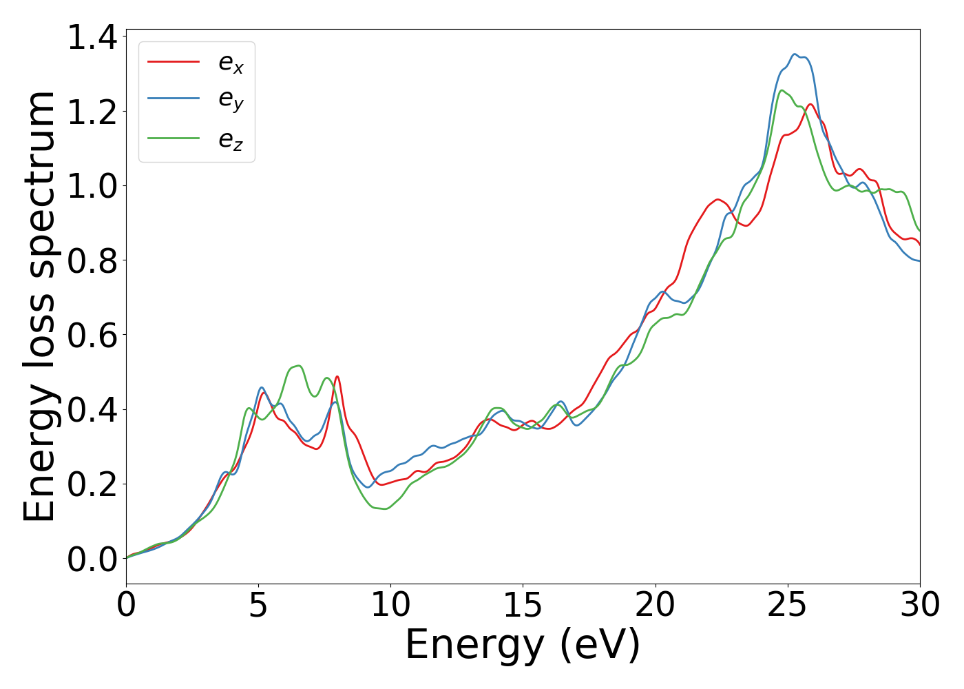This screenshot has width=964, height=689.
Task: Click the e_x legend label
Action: [x=231, y=63]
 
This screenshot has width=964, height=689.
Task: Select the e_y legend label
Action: [x=231, y=101]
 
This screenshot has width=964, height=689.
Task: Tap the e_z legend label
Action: [x=231, y=139]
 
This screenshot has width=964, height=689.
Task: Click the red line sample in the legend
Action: [x=174, y=61]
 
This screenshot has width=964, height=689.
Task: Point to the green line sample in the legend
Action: [x=174, y=138]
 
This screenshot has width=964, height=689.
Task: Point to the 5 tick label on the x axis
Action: [x=258, y=606]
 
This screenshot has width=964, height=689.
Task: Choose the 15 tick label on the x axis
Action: [x=523, y=606]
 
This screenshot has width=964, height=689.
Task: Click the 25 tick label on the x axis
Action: [x=787, y=606]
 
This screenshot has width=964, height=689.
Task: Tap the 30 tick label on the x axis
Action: [x=919, y=606]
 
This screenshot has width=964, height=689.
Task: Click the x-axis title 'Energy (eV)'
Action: [x=523, y=646]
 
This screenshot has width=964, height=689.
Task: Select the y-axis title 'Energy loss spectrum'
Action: [x=39, y=307]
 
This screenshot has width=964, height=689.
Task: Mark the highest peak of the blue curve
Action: [x=795, y=54]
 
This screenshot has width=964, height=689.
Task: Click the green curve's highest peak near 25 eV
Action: [x=782, y=90]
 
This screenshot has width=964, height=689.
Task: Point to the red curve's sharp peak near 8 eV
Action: [x=337, y=376]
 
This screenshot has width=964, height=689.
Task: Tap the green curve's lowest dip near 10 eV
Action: [x=385, y=508]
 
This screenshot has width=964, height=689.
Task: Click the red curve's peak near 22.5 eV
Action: [x=718, y=199]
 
